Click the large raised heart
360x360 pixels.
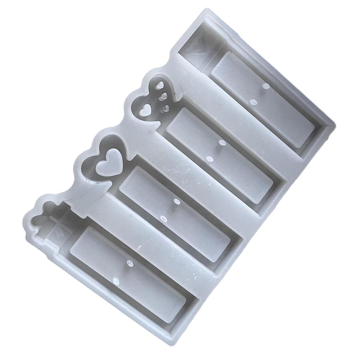pos(109,162)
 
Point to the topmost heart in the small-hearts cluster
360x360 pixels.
pos(160,85)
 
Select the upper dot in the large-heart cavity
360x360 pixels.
pos(177,201)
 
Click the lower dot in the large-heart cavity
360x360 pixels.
pos(164,219)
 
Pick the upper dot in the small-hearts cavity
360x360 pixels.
pos(222,143)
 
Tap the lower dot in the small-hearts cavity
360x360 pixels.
pos(210,159)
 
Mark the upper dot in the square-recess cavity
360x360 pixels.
pos(266,86)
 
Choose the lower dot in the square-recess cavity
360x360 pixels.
pos(253,102)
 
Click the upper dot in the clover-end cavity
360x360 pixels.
pos(130,263)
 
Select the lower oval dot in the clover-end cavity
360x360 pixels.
pos(116,281)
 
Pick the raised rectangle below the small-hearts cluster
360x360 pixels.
pos(220,155)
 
